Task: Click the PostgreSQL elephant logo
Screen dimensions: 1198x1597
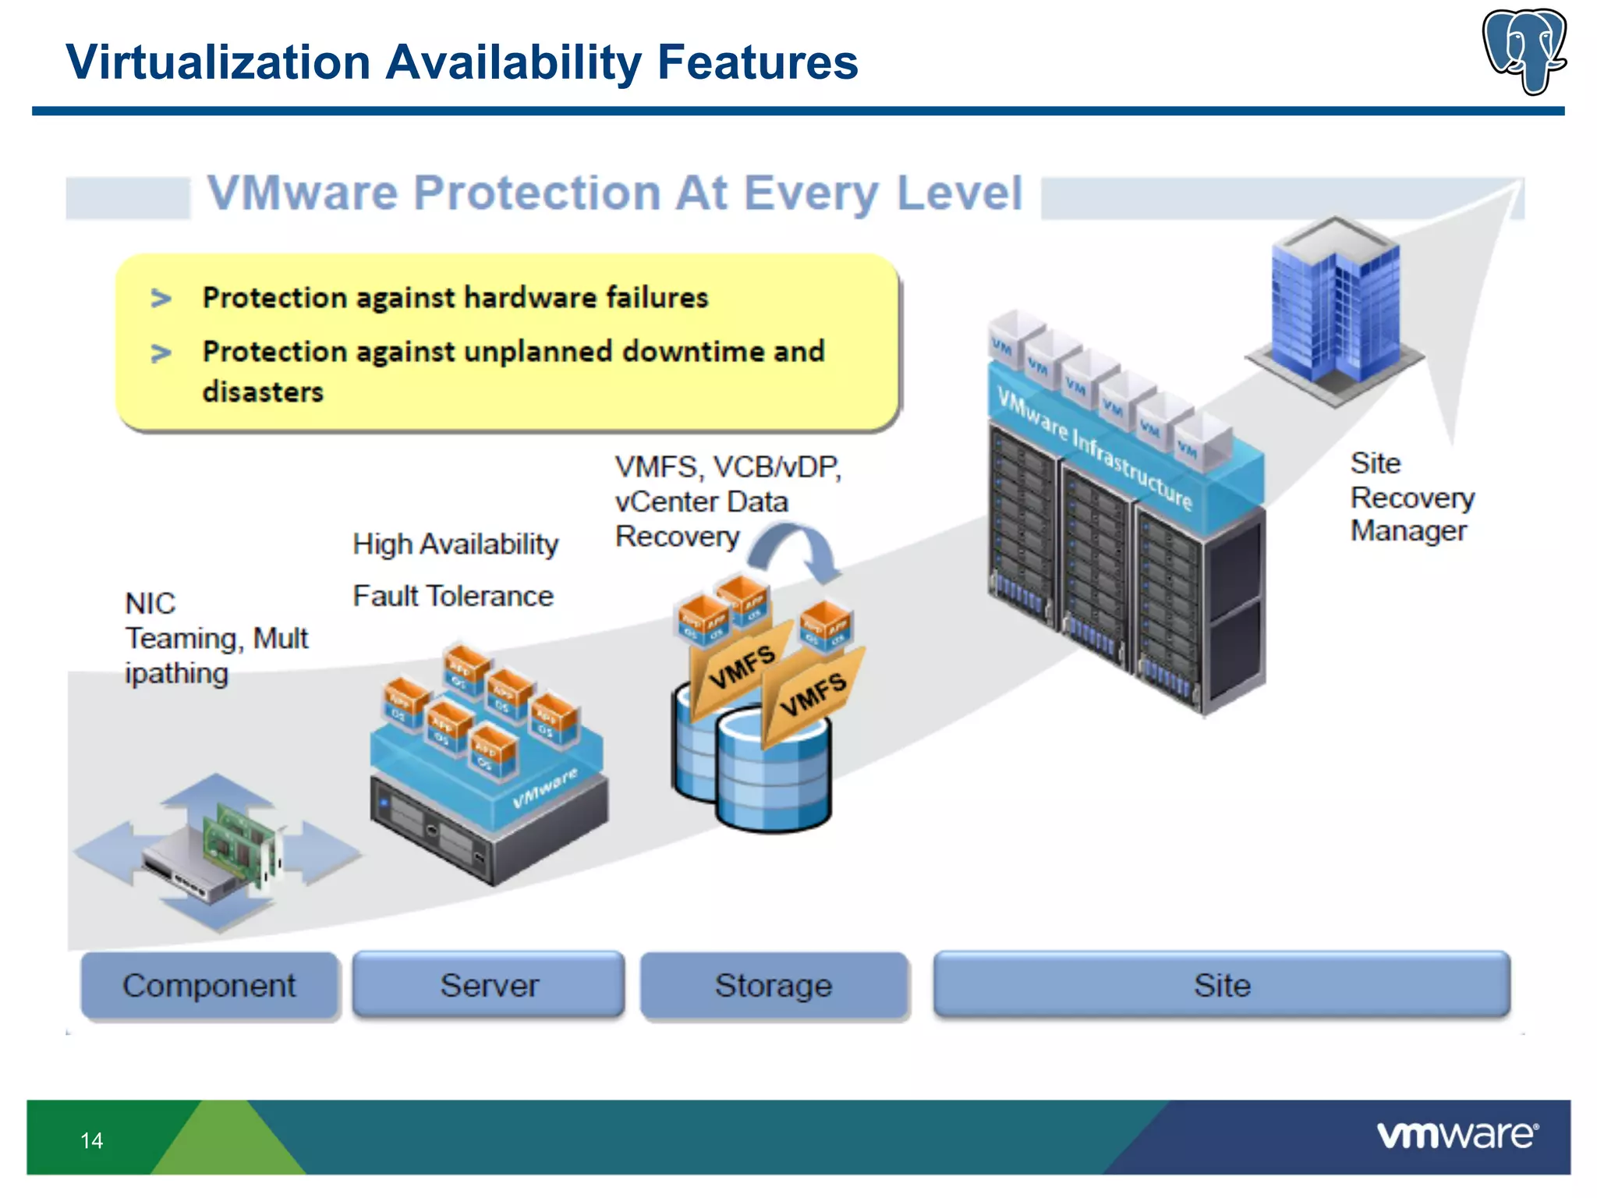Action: click(1524, 51)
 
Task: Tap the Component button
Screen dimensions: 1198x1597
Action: click(209, 985)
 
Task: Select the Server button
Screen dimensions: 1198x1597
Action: click(489, 985)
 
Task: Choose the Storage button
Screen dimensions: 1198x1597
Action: click(774, 985)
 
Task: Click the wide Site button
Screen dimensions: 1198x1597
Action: click(1221, 985)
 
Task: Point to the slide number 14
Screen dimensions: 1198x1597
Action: click(91, 1140)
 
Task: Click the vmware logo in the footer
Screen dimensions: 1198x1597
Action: click(1457, 1135)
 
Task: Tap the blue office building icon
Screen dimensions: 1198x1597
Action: click(1335, 308)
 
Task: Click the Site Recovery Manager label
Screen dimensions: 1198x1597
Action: click(1411, 497)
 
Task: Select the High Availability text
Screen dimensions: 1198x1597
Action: click(455, 544)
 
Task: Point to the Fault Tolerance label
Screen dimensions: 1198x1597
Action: click(453, 596)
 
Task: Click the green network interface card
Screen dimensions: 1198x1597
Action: click(238, 846)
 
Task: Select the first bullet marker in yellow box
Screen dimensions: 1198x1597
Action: click(161, 298)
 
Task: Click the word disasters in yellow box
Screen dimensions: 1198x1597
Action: click(263, 392)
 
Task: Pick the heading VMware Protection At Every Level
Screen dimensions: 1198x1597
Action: click(614, 193)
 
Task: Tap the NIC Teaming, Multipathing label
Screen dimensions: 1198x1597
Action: click(216, 638)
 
